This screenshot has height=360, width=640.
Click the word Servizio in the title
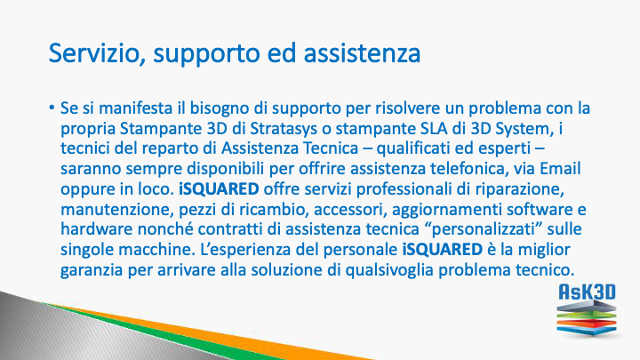(x=94, y=53)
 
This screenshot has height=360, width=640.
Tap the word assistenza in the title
(x=362, y=53)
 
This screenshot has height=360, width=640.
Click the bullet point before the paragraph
(x=52, y=108)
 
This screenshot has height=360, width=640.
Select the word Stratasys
(x=284, y=129)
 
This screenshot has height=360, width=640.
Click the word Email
(x=560, y=169)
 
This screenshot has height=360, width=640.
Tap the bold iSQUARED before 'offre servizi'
(x=219, y=189)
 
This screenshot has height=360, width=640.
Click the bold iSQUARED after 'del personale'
(x=443, y=250)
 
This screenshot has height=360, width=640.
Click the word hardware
(x=96, y=229)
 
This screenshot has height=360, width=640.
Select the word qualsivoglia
(x=389, y=270)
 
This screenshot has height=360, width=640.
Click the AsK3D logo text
(x=587, y=292)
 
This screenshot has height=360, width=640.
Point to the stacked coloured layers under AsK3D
(x=587, y=318)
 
